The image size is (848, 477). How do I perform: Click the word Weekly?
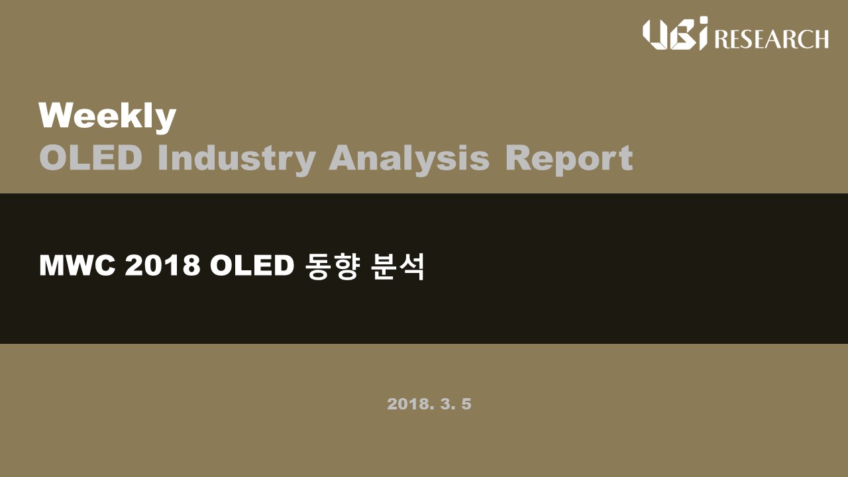click(107, 117)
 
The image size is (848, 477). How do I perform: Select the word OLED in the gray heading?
click(91, 158)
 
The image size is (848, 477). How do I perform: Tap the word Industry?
click(237, 160)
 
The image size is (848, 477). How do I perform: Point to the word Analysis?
click(409, 160)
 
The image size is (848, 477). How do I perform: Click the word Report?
click(569, 160)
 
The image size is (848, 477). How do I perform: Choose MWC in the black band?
click(78, 266)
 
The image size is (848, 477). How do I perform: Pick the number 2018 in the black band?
click(163, 266)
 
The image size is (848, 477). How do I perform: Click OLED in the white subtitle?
click(252, 266)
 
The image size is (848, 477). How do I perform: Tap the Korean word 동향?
click(332, 266)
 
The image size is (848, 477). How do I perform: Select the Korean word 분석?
click(397, 266)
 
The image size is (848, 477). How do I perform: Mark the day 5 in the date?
click(466, 404)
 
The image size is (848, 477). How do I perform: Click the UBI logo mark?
click(675, 33)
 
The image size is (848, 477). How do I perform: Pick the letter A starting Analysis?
click(343, 158)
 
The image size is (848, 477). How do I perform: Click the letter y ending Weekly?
click(166, 121)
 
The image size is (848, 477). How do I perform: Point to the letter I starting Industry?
click(162, 158)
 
